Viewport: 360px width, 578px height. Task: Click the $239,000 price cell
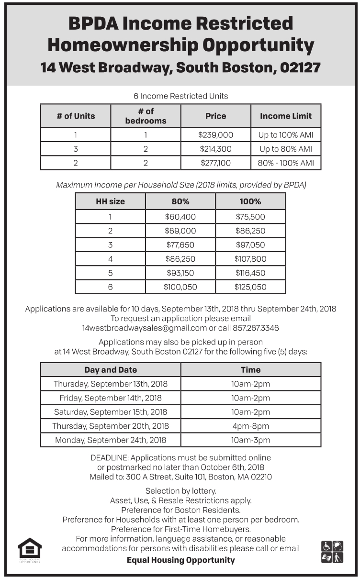click(215, 135)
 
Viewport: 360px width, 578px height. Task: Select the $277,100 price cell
click(215, 163)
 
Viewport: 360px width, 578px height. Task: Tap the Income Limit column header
click(286, 116)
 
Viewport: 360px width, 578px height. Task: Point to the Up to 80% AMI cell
click(286, 149)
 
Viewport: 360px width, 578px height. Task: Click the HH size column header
click(110, 201)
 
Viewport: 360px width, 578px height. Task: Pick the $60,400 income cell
click(180, 217)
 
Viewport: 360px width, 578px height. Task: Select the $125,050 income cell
click(250, 287)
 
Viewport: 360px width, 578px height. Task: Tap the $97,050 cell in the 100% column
click(250, 245)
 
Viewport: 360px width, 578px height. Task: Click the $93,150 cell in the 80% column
click(180, 273)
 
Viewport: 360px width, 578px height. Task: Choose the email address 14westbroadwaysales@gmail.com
click(144, 328)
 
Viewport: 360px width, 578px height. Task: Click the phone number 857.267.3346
click(256, 328)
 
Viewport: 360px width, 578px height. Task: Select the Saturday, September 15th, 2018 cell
click(111, 412)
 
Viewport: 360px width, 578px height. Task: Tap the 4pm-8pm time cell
click(250, 426)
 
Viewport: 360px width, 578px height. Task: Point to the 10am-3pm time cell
click(250, 440)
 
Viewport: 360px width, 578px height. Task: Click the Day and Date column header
click(111, 370)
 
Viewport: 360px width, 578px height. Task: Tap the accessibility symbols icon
click(332, 552)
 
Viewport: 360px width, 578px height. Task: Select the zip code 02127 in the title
click(300, 67)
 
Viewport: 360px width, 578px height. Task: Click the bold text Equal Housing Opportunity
click(180, 560)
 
